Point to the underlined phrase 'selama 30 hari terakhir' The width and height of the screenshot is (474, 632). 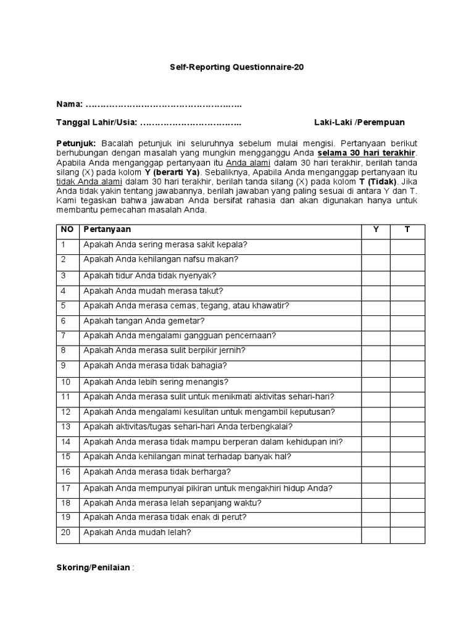(x=367, y=152)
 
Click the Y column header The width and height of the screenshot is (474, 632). (x=375, y=230)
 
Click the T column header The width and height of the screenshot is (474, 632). (x=407, y=230)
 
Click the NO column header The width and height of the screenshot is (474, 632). (x=67, y=230)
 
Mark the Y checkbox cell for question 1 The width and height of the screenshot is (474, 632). (x=375, y=244)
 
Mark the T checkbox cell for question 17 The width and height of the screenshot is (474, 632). (x=407, y=488)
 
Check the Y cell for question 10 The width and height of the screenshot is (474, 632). (x=375, y=381)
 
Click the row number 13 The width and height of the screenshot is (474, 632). (x=67, y=427)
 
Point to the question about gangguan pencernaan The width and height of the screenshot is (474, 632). (x=180, y=336)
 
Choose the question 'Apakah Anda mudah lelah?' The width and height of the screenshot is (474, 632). (x=137, y=532)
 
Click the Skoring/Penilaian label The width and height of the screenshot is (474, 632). (x=93, y=568)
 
